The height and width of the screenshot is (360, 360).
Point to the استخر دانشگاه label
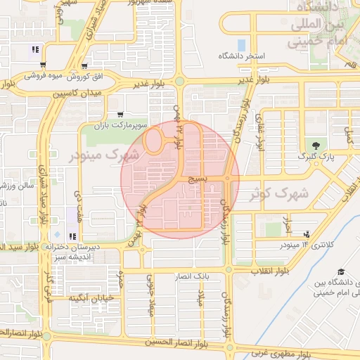(240, 56)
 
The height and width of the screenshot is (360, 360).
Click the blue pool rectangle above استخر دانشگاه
(241, 45)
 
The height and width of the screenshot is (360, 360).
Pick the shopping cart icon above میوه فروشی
(84, 65)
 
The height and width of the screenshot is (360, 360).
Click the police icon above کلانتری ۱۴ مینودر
(306, 234)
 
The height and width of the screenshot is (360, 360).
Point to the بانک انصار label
(192, 276)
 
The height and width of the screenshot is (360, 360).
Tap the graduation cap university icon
(341, 272)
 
